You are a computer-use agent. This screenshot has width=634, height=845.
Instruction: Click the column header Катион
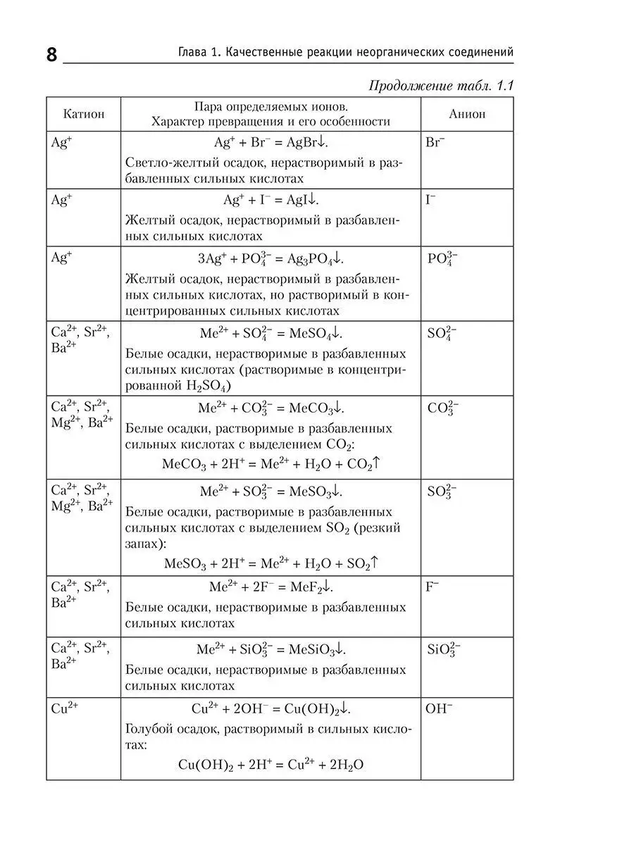coord(83,113)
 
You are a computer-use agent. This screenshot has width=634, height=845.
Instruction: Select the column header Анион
coord(466,113)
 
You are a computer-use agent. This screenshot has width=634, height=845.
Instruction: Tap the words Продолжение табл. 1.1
coord(441,85)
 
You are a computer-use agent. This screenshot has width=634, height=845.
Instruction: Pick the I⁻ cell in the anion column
coord(430,199)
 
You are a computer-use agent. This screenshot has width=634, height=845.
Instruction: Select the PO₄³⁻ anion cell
coord(442,258)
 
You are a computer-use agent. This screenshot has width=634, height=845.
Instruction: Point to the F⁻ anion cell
coord(432,586)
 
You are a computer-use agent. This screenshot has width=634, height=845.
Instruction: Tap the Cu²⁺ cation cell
coord(64,708)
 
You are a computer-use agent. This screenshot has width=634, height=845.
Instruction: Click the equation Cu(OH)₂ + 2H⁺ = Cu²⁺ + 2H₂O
coord(271,765)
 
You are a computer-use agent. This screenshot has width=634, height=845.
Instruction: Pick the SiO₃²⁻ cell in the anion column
coord(444,649)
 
